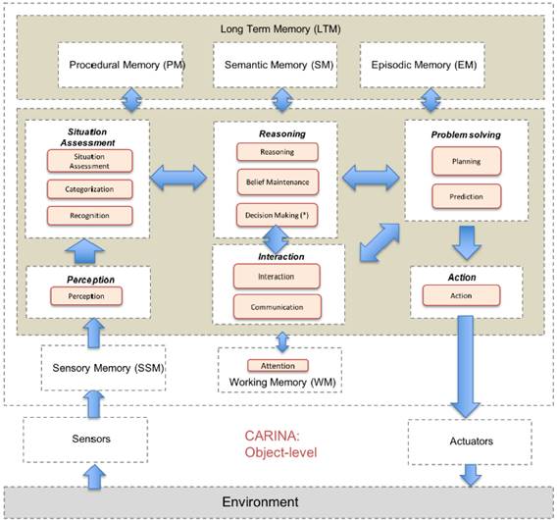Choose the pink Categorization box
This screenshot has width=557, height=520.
(88, 189)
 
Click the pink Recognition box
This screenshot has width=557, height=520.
(88, 216)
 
